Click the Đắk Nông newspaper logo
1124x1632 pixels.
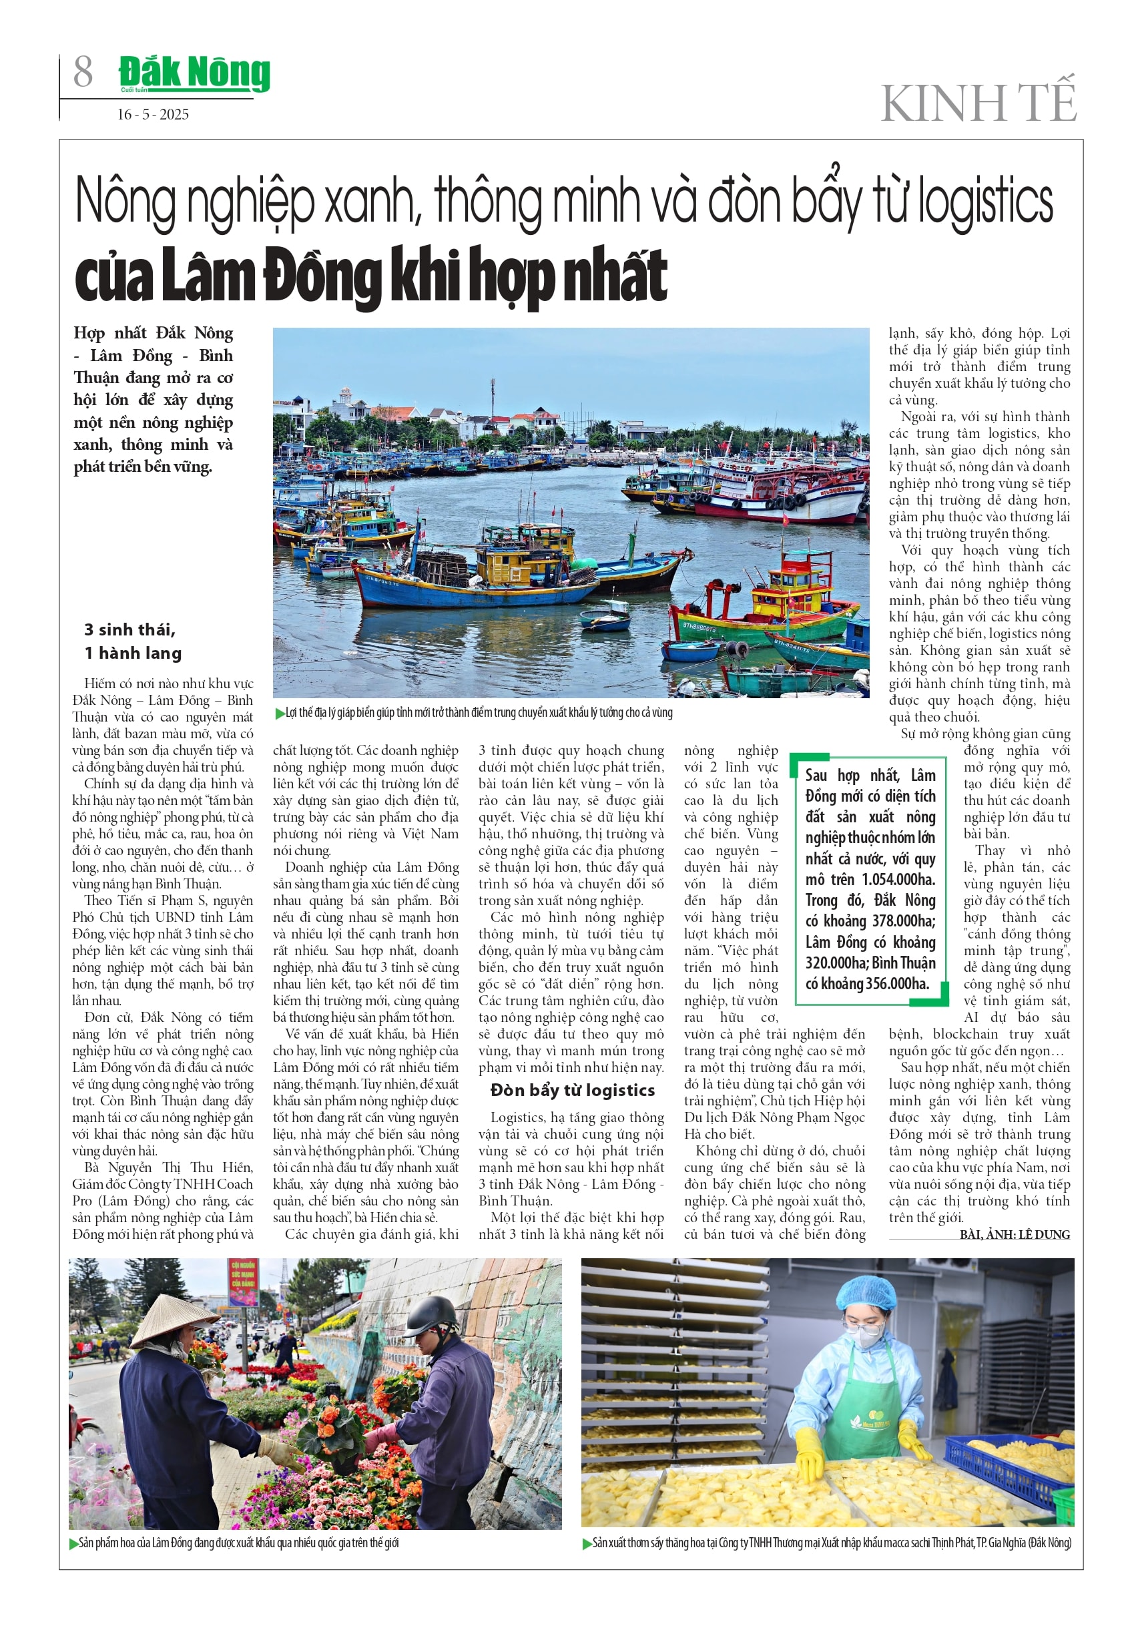pos(194,73)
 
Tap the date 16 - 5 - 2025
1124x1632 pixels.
pos(153,115)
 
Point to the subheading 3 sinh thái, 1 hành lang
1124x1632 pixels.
pos(132,641)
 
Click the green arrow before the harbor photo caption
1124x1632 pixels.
pos(280,714)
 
